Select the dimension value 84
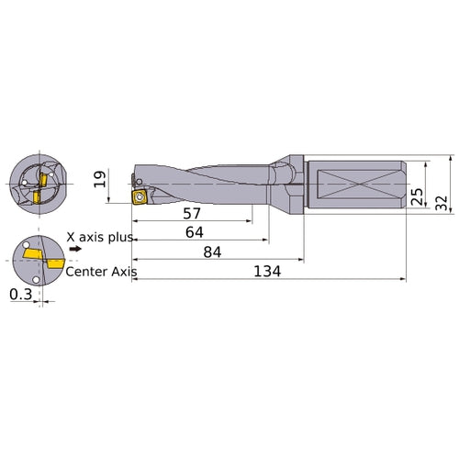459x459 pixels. click(x=214, y=252)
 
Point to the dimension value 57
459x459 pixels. click(x=191, y=213)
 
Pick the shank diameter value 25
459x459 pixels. click(x=418, y=196)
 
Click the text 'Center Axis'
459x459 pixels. click(x=102, y=271)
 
